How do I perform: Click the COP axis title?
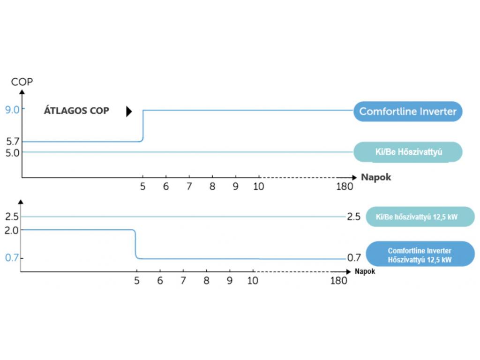pyautogui.click(x=22, y=82)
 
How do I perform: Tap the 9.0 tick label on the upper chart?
pyautogui.click(x=12, y=110)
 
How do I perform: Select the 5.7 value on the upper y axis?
pyautogui.click(x=13, y=142)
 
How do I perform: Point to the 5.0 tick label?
pyautogui.click(x=12, y=153)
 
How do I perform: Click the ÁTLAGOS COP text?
pyautogui.click(x=76, y=111)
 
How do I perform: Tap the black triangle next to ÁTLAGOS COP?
pyautogui.click(x=129, y=112)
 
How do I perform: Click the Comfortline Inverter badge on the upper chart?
pyautogui.click(x=408, y=112)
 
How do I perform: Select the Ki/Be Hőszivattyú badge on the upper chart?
pyautogui.click(x=408, y=152)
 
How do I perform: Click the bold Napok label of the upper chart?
pyautogui.click(x=376, y=177)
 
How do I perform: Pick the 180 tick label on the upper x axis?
pyautogui.click(x=345, y=187)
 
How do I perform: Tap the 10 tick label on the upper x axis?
pyautogui.click(x=258, y=187)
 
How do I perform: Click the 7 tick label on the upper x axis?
pyautogui.click(x=189, y=187)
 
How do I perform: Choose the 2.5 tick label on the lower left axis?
pyautogui.click(x=12, y=217)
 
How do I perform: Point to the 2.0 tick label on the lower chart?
pyautogui.click(x=12, y=230)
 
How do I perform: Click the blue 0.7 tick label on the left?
pyautogui.click(x=12, y=258)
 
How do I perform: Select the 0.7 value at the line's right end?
pyautogui.click(x=354, y=258)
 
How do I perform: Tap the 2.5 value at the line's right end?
pyautogui.click(x=353, y=217)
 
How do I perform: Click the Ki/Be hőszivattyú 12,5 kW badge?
pyautogui.click(x=420, y=217)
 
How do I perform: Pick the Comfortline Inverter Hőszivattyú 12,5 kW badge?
pyautogui.click(x=420, y=254)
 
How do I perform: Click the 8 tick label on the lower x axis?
pyautogui.click(x=206, y=281)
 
